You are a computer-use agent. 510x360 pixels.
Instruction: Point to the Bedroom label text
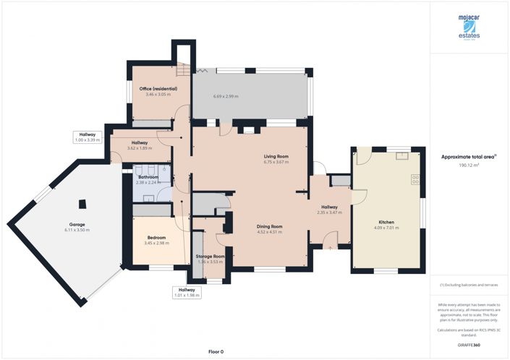tap(156, 237)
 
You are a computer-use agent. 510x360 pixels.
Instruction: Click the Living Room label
tap(276, 156)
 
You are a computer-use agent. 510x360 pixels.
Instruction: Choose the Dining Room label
tap(269, 226)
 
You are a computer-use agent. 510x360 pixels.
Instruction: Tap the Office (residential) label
tap(158, 89)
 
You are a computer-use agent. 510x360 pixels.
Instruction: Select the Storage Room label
tap(211, 256)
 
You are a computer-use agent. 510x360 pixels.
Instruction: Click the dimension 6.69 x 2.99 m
tap(226, 96)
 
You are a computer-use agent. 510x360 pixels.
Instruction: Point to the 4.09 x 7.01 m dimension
tap(387, 228)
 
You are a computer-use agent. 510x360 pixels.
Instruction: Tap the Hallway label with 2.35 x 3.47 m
tap(329, 207)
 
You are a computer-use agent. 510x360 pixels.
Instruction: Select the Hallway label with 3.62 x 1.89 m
tap(140, 143)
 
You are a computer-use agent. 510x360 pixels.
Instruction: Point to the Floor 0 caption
tap(216, 351)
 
